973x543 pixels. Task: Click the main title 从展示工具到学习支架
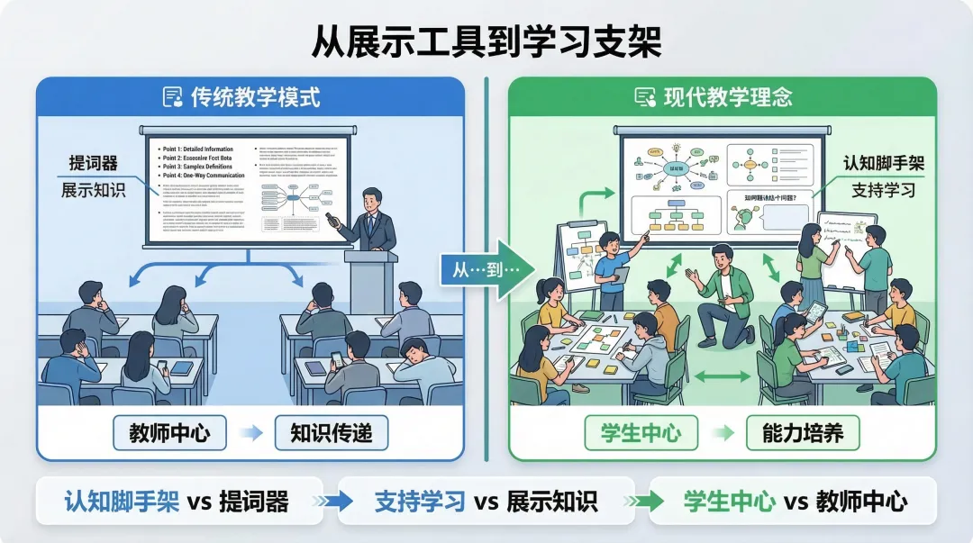coord(486,41)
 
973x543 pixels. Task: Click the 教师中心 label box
coord(170,433)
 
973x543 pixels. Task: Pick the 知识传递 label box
coord(331,433)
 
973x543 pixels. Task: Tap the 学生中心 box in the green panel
coord(641,433)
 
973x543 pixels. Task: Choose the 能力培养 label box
coord(803,433)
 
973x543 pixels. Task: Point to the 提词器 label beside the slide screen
coord(94,164)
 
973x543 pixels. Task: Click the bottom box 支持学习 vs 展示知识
coord(486,502)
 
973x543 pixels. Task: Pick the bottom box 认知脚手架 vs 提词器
coord(177,502)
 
